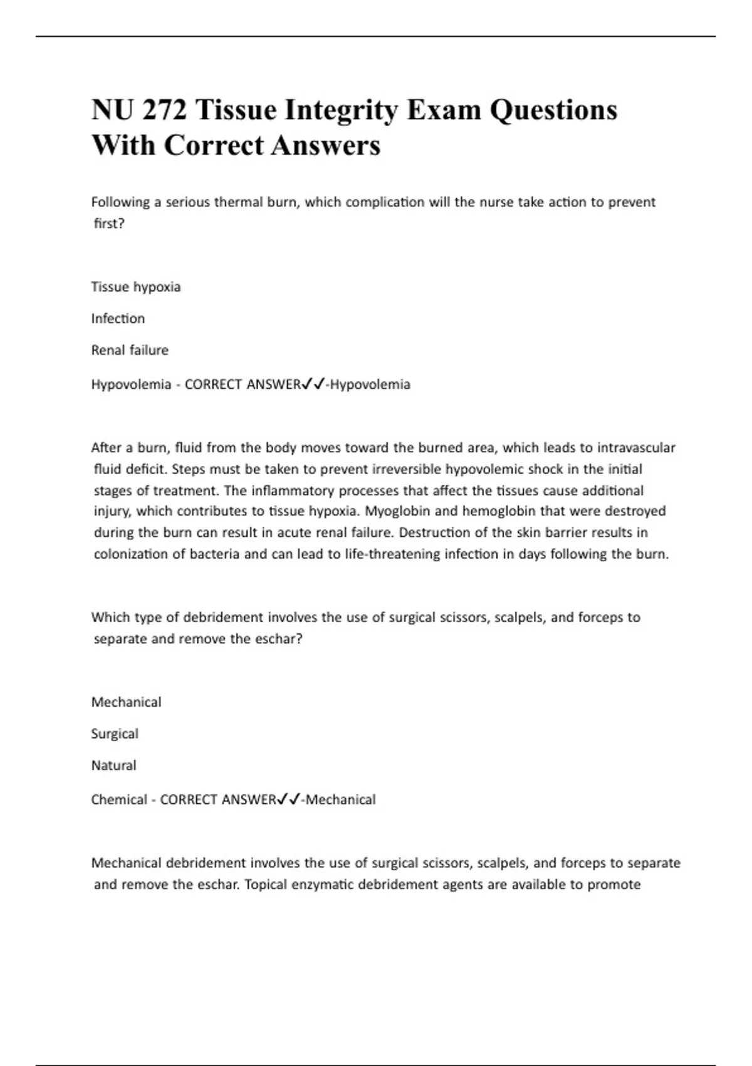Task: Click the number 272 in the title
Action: click(165, 110)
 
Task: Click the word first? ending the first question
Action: click(110, 224)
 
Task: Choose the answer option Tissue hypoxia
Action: click(136, 287)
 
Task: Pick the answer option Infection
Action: click(118, 319)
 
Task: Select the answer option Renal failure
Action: click(130, 350)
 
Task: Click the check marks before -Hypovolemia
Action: click(313, 384)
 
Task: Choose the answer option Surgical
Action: click(115, 734)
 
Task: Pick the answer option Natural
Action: click(113, 765)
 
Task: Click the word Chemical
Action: click(119, 799)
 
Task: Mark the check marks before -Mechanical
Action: click(289, 799)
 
